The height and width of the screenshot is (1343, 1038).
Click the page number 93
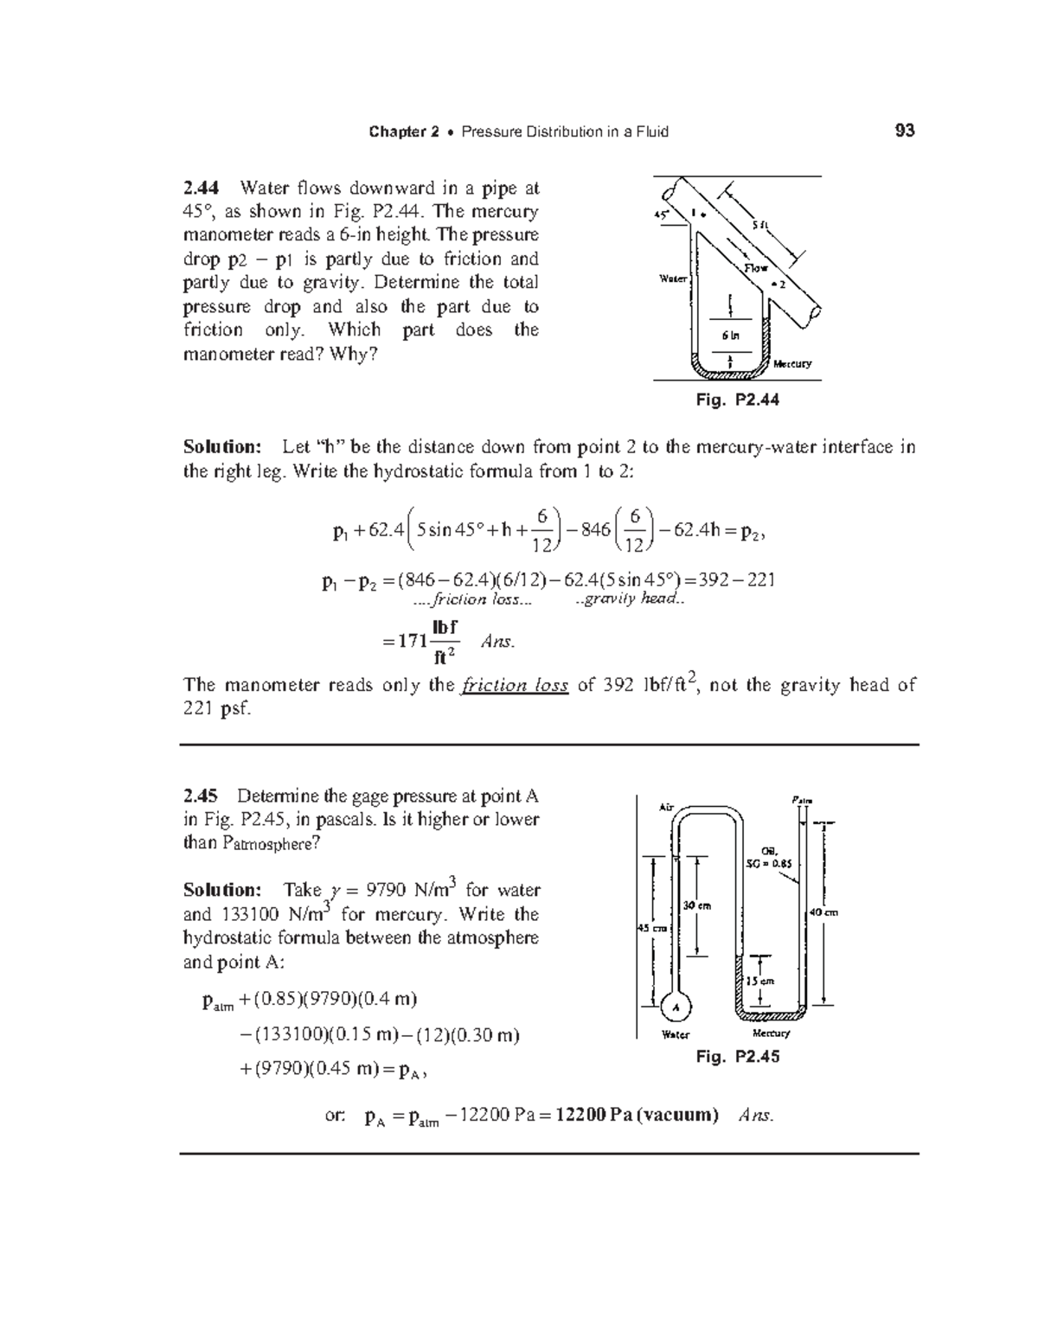coord(905,131)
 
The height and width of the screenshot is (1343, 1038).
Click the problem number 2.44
coord(201,188)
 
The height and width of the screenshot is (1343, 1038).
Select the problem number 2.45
coord(201,796)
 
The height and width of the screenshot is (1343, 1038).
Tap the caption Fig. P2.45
coord(738,1057)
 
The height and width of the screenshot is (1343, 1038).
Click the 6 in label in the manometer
coord(731,335)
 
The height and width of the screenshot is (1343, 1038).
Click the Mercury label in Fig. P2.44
coord(792,364)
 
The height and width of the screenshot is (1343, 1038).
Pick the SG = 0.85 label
coord(768,861)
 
